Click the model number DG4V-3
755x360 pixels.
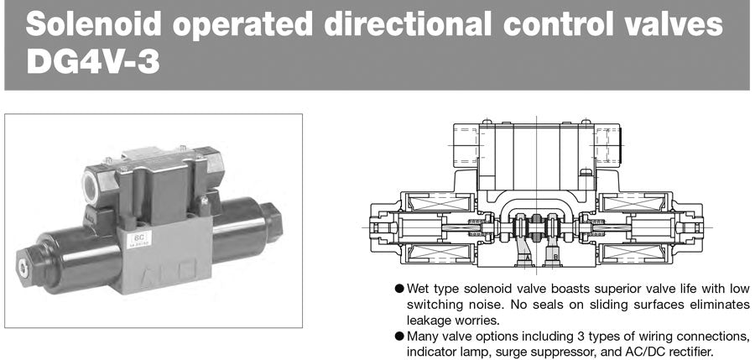click(93, 62)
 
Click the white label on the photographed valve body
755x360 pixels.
click(138, 239)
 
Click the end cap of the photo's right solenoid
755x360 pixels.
click(272, 222)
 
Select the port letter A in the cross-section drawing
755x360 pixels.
click(528, 258)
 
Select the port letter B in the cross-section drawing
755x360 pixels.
click(555, 258)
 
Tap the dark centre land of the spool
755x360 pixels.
click(536, 226)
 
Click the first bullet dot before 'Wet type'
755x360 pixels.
click(398, 289)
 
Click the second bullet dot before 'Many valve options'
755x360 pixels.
click(398, 336)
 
